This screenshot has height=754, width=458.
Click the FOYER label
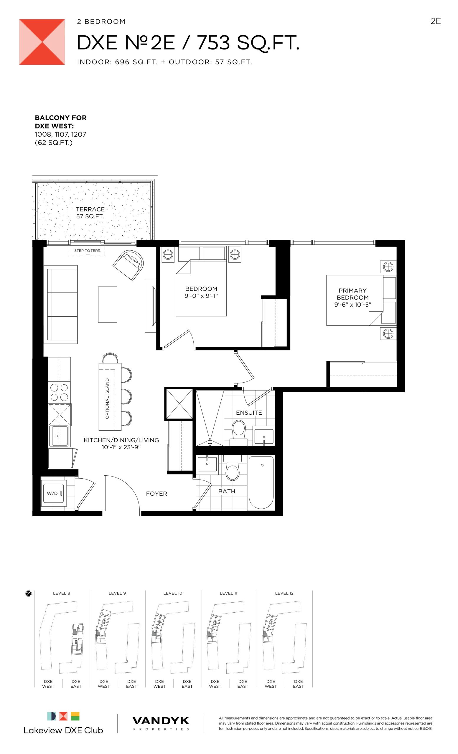(156, 494)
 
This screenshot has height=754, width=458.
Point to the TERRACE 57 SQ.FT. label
(90, 213)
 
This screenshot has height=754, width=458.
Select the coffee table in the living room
(108, 305)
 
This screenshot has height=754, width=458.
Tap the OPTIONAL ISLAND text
(107, 399)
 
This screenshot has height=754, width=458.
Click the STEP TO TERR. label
(87, 251)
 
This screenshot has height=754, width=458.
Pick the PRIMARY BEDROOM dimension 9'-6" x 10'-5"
(352, 305)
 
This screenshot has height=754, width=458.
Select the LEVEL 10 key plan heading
(173, 593)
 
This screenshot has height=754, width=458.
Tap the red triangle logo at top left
(42, 42)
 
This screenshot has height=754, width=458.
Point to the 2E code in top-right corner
(435, 21)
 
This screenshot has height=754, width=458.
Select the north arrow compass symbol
(29, 594)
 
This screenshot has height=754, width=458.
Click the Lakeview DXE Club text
(63, 730)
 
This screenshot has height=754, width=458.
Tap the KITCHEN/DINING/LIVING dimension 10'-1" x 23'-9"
(121, 447)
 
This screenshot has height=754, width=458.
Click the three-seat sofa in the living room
(61, 305)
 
